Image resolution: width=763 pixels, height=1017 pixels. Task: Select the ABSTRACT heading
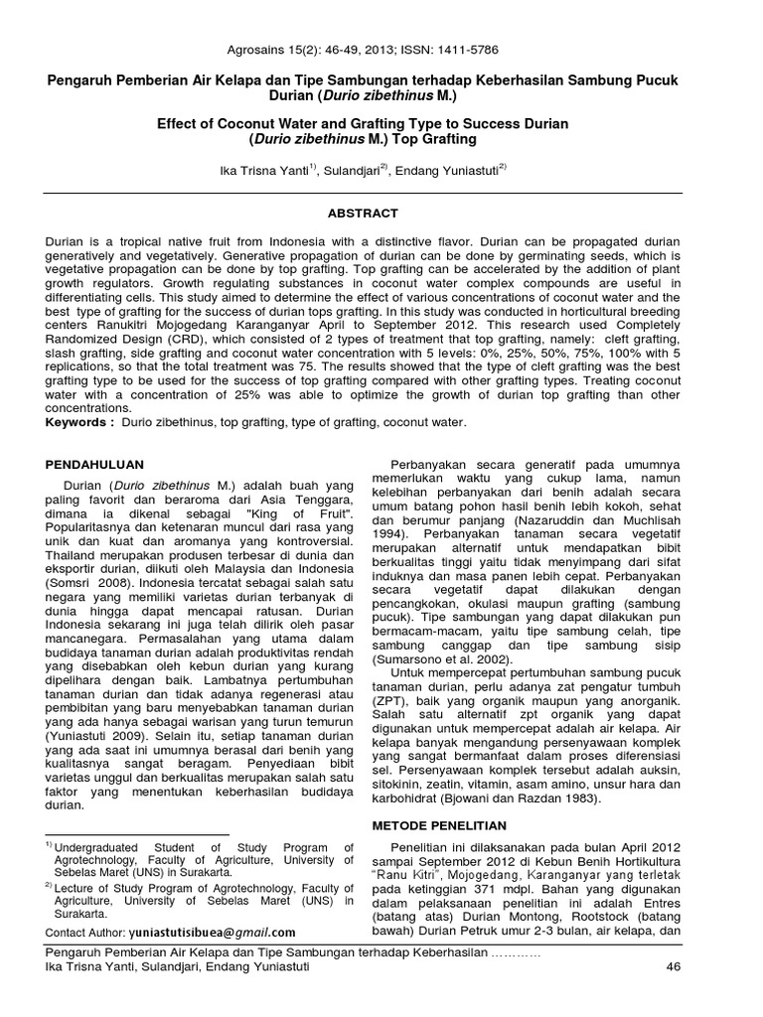pos(363,214)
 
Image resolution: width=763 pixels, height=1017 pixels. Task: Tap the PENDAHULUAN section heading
pos(96,464)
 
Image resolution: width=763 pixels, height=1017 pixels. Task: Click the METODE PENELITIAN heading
pos(438,825)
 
